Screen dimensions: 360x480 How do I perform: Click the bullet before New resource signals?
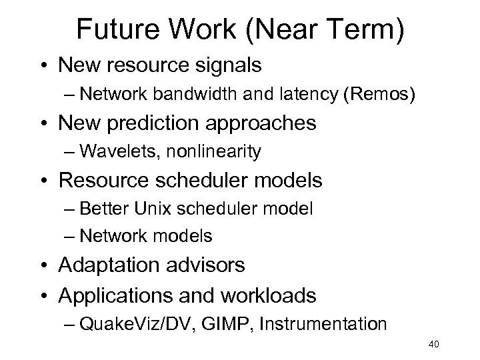point(43,66)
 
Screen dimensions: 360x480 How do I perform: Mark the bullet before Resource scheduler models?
point(43,181)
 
